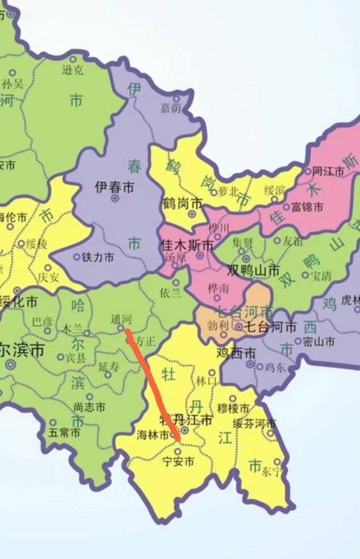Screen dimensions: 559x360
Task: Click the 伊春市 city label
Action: click(x=114, y=188)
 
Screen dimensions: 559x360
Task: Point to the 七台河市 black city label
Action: click(x=270, y=327)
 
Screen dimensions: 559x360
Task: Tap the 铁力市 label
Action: click(x=98, y=258)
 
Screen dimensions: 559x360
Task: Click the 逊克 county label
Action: click(x=72, y=70)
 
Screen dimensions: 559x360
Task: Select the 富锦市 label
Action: click(x=307, y=207)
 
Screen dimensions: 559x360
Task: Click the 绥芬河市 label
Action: click(x=254, y=424)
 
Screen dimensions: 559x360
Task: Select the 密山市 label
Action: click(x=318, y=341)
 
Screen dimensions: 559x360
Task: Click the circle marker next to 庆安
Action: click(x=48, y=268)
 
